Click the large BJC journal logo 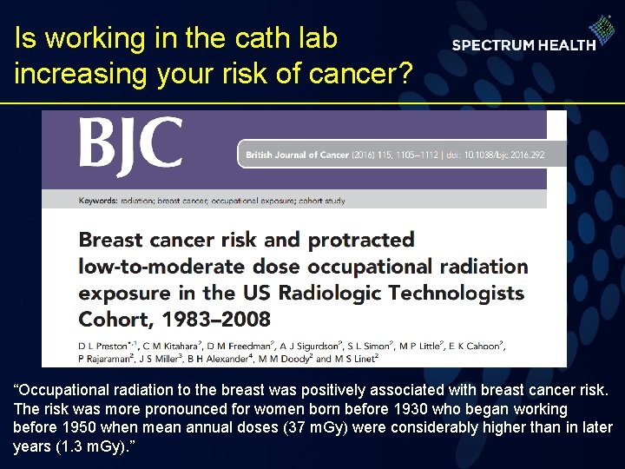[131, 144]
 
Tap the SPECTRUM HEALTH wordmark [523, 45]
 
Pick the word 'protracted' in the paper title [361, 239]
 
